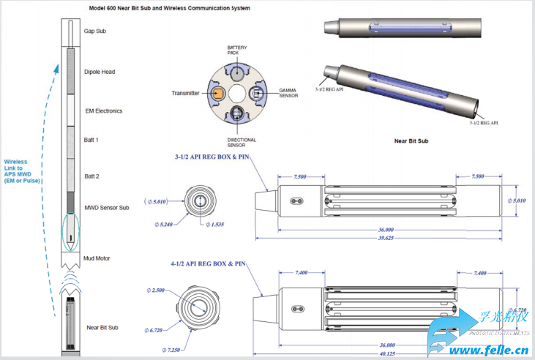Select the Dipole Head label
click(100, 72)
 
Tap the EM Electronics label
click(103, 111)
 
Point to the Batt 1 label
click(91, 139)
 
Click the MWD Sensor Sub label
click(107, 208)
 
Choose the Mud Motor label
click(97, 258)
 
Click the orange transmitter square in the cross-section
click(220, 93)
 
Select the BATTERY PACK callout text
click(237, 50)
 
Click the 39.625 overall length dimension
click(386, 238)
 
